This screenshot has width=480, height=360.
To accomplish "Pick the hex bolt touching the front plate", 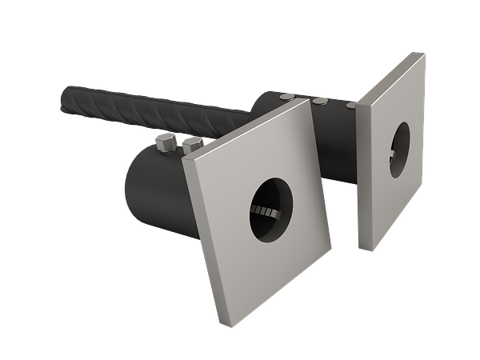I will coord(192,146).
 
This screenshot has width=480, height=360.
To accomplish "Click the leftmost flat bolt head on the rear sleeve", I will coord(286,96).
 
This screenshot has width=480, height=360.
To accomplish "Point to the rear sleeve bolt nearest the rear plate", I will coord(350,104).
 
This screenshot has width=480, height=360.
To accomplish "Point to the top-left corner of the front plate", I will coord(184,158).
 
